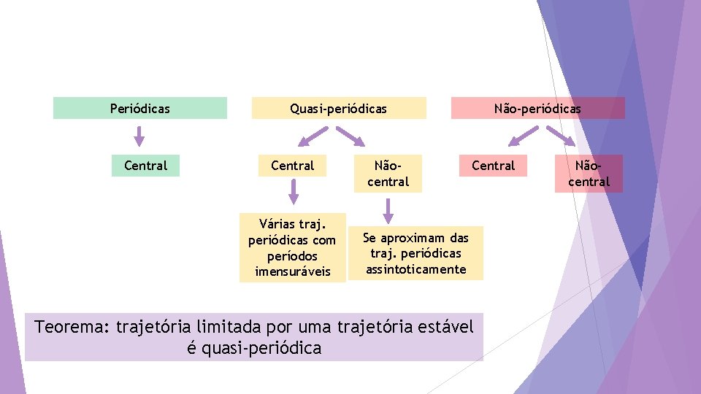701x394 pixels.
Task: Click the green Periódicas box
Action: click(x=139, y=108)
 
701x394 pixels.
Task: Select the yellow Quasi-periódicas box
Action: click(x=338, y=108)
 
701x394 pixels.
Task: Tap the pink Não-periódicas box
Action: click(x=537, y=108)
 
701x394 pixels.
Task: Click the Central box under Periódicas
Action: click(x=145, y=166)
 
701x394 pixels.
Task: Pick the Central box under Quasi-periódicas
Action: click(x=292, y=166)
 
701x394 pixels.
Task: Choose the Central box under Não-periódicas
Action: click(x=493, y=166)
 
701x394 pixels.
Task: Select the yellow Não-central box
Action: click(x=388, y=174)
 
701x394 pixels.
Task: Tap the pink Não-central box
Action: click(x=589, y=174)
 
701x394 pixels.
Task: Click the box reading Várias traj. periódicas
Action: click(x=292, y=247)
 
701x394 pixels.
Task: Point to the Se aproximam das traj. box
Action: click(x=415, y=253)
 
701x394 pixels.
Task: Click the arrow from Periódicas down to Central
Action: click(x=139, y=136)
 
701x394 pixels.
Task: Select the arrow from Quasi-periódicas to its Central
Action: click(x=313, y=136)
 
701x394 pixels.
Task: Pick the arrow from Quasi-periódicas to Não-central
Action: click(x=350, y=136)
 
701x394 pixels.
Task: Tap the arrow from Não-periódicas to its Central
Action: click(x=524, y=136)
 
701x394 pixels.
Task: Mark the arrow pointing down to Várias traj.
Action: click(x=293, y=192)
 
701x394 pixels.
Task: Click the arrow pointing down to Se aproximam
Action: click(x=388, y=210)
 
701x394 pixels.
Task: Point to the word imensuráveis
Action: click(x=292, y=271)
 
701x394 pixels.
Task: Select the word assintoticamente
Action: click(x=415, y=269)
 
